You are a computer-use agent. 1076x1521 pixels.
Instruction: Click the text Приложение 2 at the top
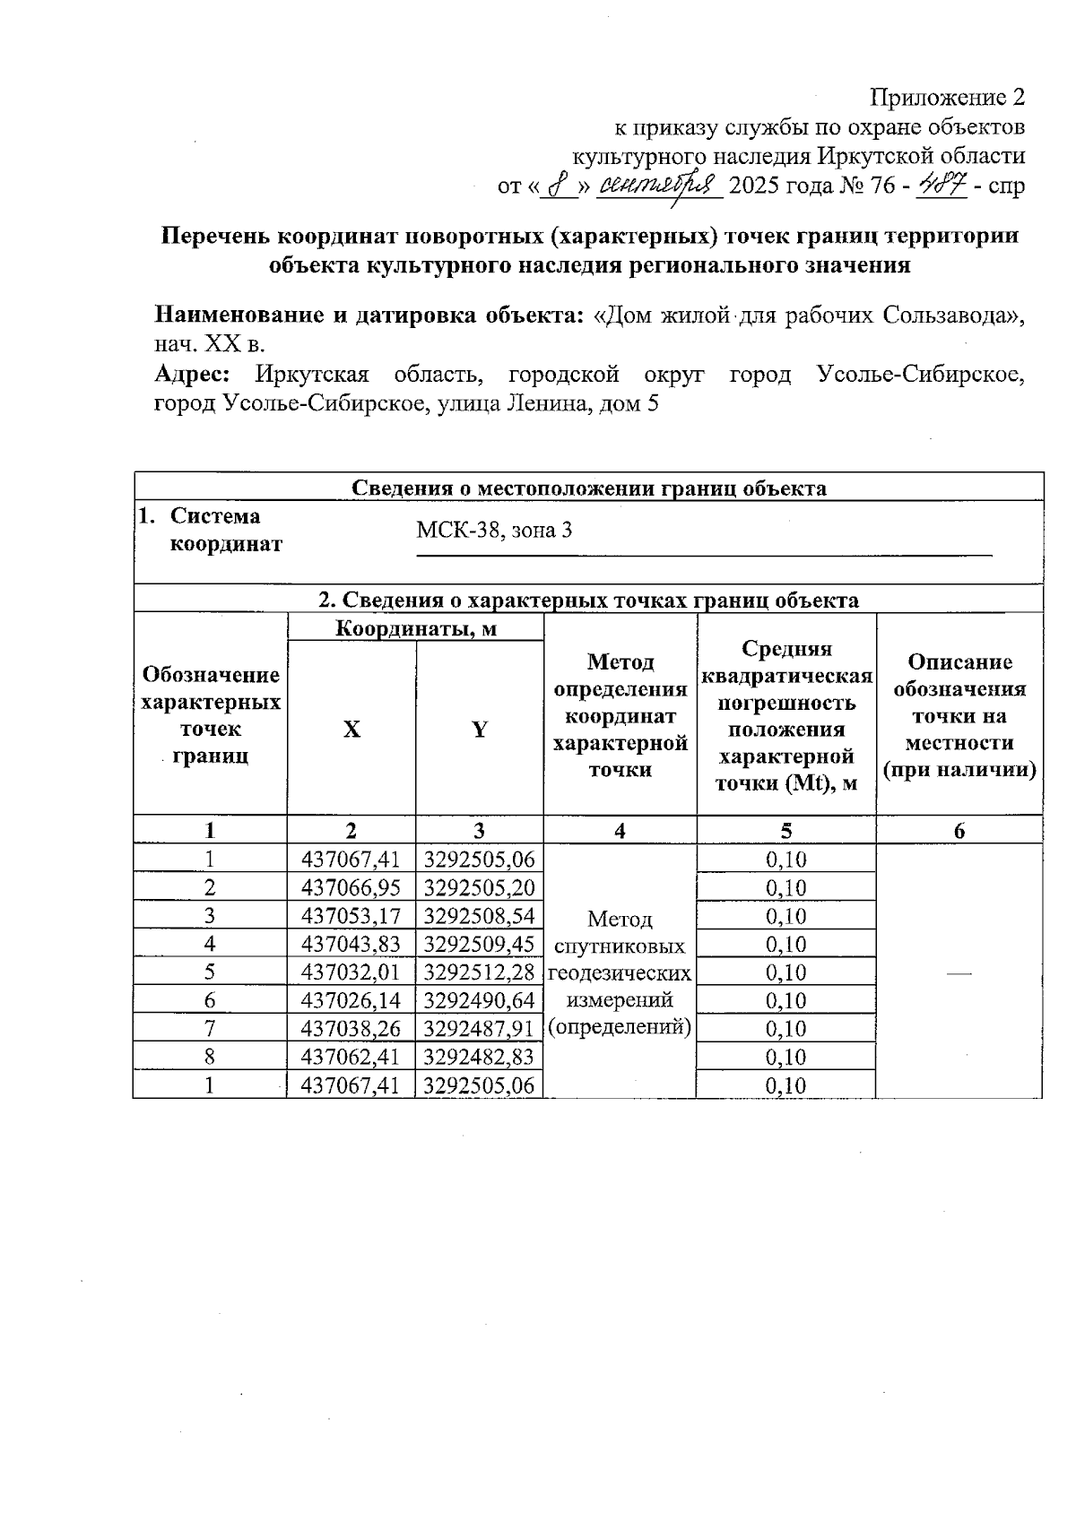(x=949, y=97)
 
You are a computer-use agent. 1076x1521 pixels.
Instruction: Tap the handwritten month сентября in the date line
(x=661, y=186)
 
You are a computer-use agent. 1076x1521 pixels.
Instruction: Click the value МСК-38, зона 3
(x=494, y=530)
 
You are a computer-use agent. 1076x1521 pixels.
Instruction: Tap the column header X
(x=351, y=730)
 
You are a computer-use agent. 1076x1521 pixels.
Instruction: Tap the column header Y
(x=480, y=730)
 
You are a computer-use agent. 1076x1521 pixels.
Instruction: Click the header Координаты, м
(x=415, y=628)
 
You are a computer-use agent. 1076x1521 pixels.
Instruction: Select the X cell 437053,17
(x=351, y=916)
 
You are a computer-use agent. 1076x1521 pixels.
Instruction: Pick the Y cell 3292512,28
(x=480, y=972)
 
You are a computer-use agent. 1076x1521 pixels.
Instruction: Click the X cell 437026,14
(x=351, y=1000)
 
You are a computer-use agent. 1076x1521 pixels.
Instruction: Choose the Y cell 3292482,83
(x=480, y=1057)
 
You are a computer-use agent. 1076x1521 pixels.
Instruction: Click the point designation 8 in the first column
(x=210, y=1057)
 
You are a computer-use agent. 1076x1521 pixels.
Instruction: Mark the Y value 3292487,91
(x=480, y=1029)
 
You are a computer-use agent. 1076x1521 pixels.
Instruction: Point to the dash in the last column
(x=959, y=972)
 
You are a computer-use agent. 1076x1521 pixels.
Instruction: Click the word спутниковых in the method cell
(x=620, y=946)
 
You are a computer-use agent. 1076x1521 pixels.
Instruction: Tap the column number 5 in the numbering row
(x=786, y=831)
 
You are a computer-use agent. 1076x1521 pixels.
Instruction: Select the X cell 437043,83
(x=351, y=944)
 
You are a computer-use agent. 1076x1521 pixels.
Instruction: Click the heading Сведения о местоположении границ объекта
(x=588, y=488)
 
